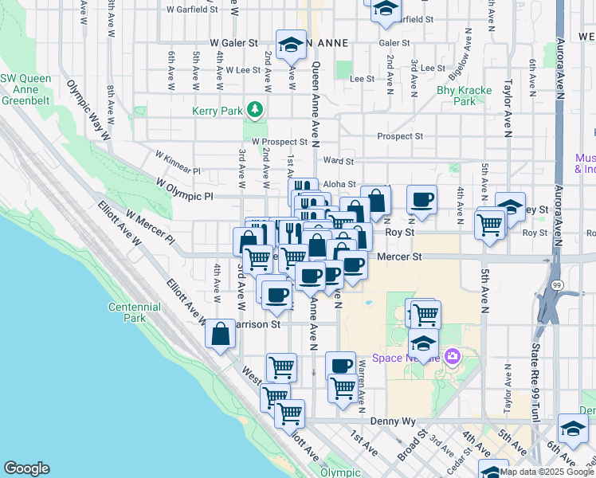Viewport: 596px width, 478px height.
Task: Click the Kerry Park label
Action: click(x=217, y=112)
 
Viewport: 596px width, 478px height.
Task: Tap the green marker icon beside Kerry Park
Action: click(x=255, y=109)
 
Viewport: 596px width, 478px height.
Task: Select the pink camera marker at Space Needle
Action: click(x=453, y=356)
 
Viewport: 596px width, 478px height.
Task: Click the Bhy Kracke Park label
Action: click(x=464, y=96)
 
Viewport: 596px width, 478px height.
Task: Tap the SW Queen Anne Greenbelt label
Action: click(x=30, y=89)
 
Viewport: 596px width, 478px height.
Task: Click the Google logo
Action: click(x=26, y=468)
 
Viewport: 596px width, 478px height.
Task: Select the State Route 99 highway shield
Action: click(x=555, y=284)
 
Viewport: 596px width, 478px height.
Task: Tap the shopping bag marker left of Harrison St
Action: click(x=221, y=335)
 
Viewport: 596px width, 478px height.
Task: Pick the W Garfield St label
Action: click(x=192, y=10)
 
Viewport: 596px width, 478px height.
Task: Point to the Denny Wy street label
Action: click(x=389, y=420)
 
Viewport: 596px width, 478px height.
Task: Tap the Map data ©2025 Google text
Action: click(x=547, y=472)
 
